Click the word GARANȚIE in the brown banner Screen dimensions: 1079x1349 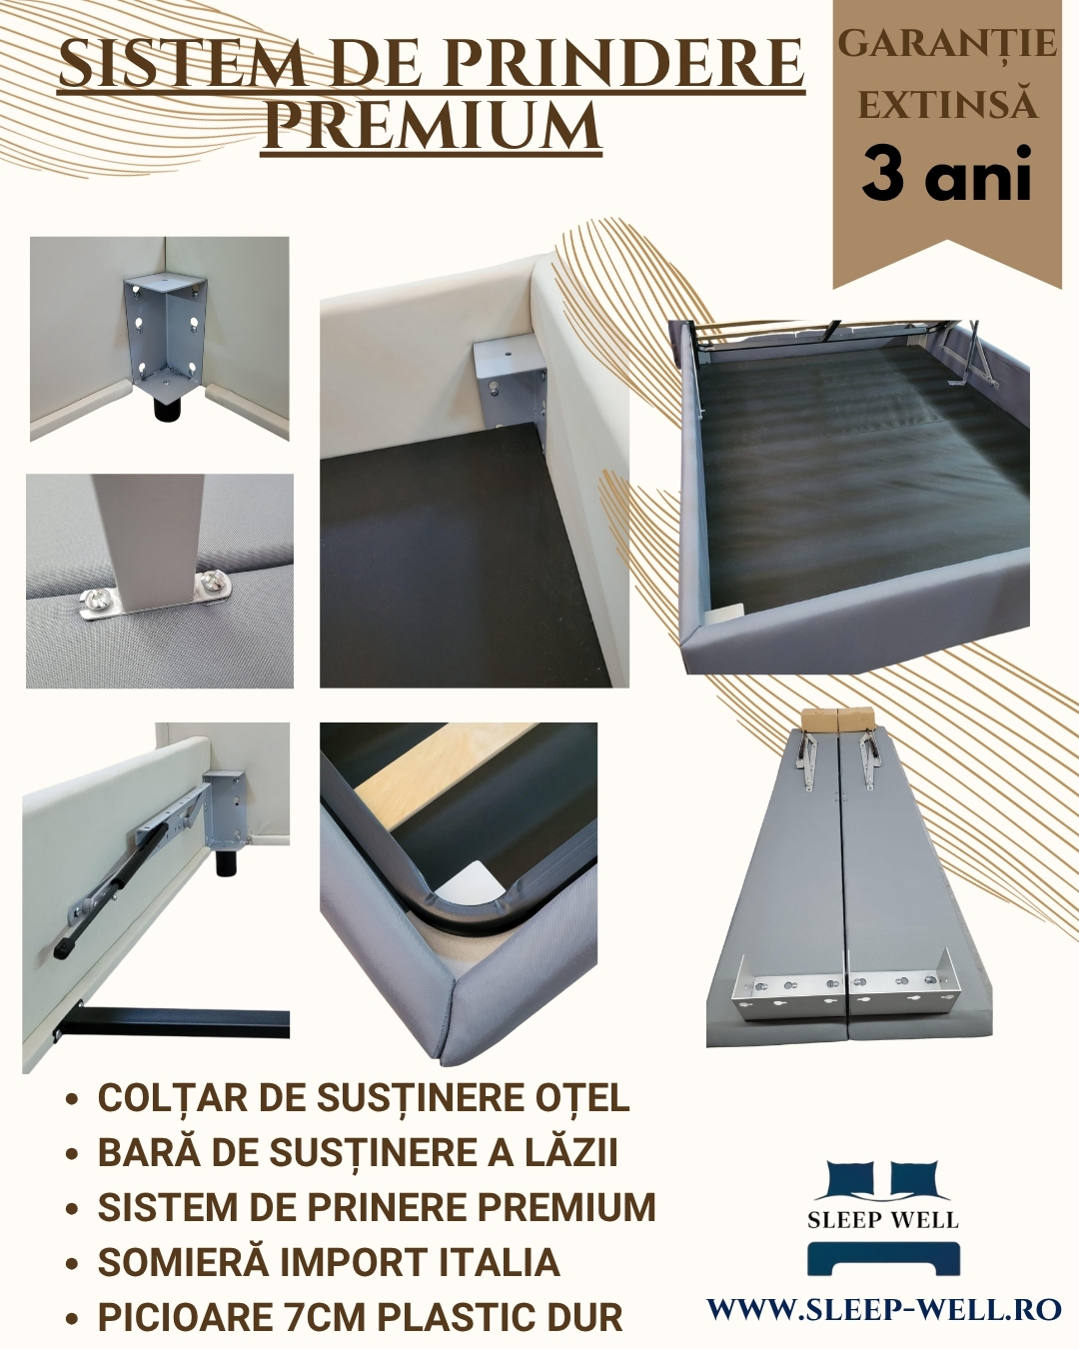tap(947, 46)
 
